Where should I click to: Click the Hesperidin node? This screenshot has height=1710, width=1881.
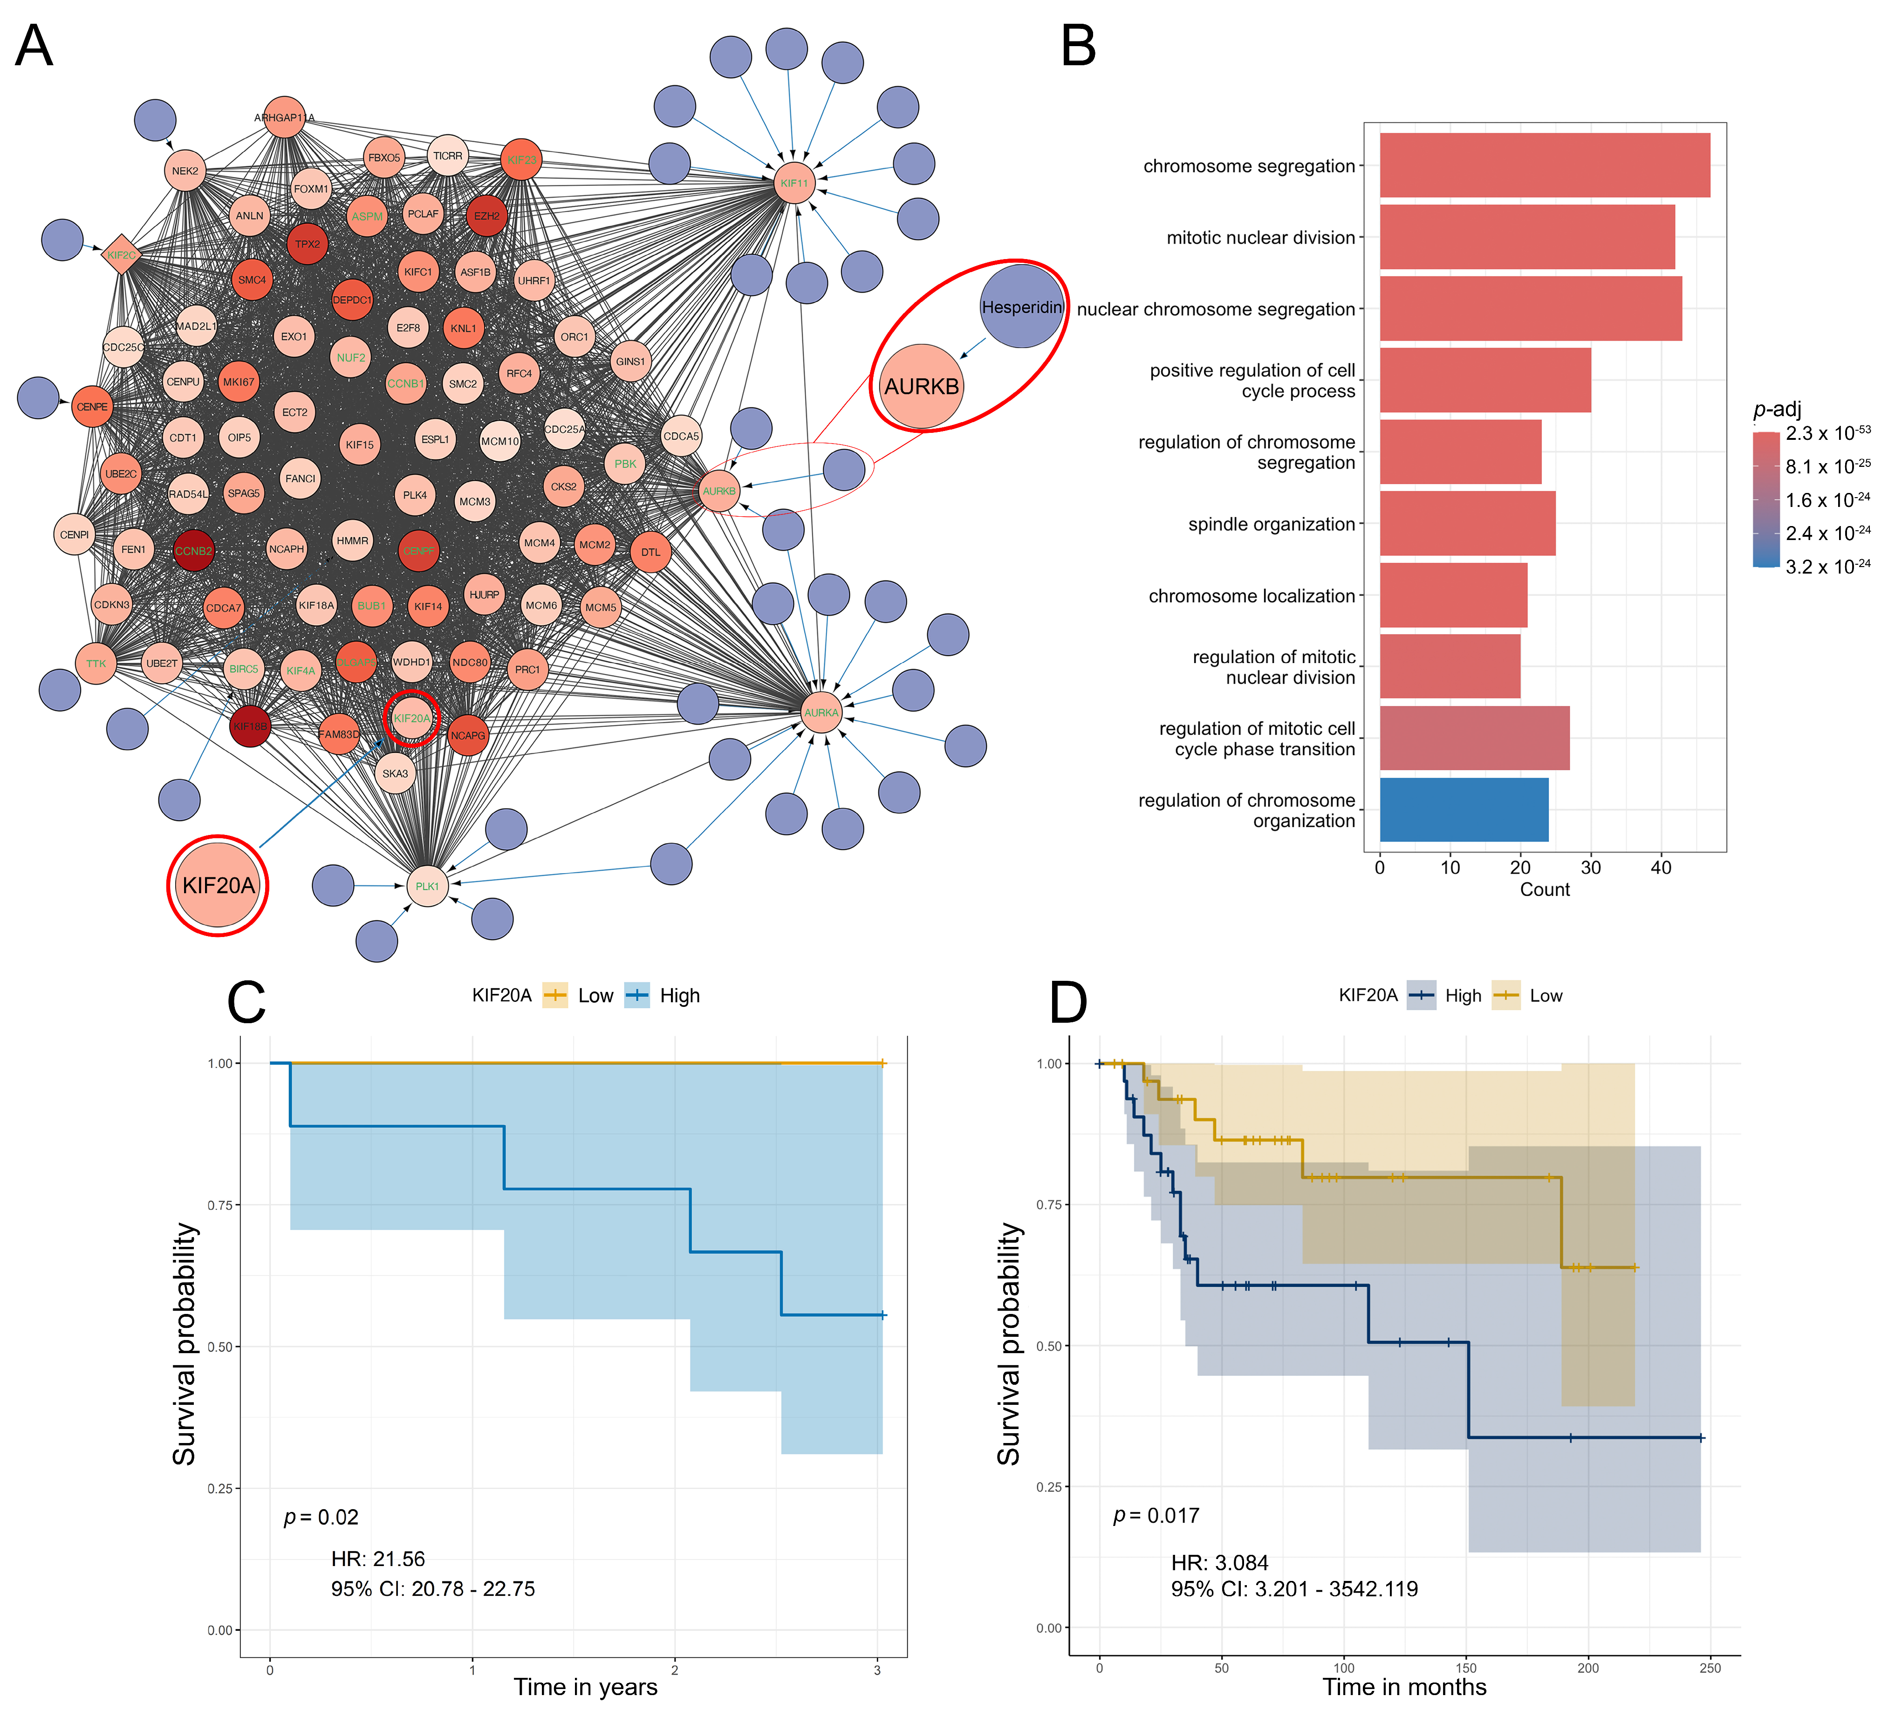1022,307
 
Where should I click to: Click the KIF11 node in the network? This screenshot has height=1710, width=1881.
794,183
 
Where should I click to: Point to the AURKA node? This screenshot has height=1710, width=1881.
821,713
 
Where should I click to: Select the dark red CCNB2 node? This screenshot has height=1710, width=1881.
193,550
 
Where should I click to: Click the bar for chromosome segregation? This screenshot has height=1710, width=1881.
1544,165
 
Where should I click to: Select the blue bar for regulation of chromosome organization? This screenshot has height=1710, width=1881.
1463,810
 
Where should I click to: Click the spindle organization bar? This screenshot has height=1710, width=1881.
1467,523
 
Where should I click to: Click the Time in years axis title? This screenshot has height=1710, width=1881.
585,1687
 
